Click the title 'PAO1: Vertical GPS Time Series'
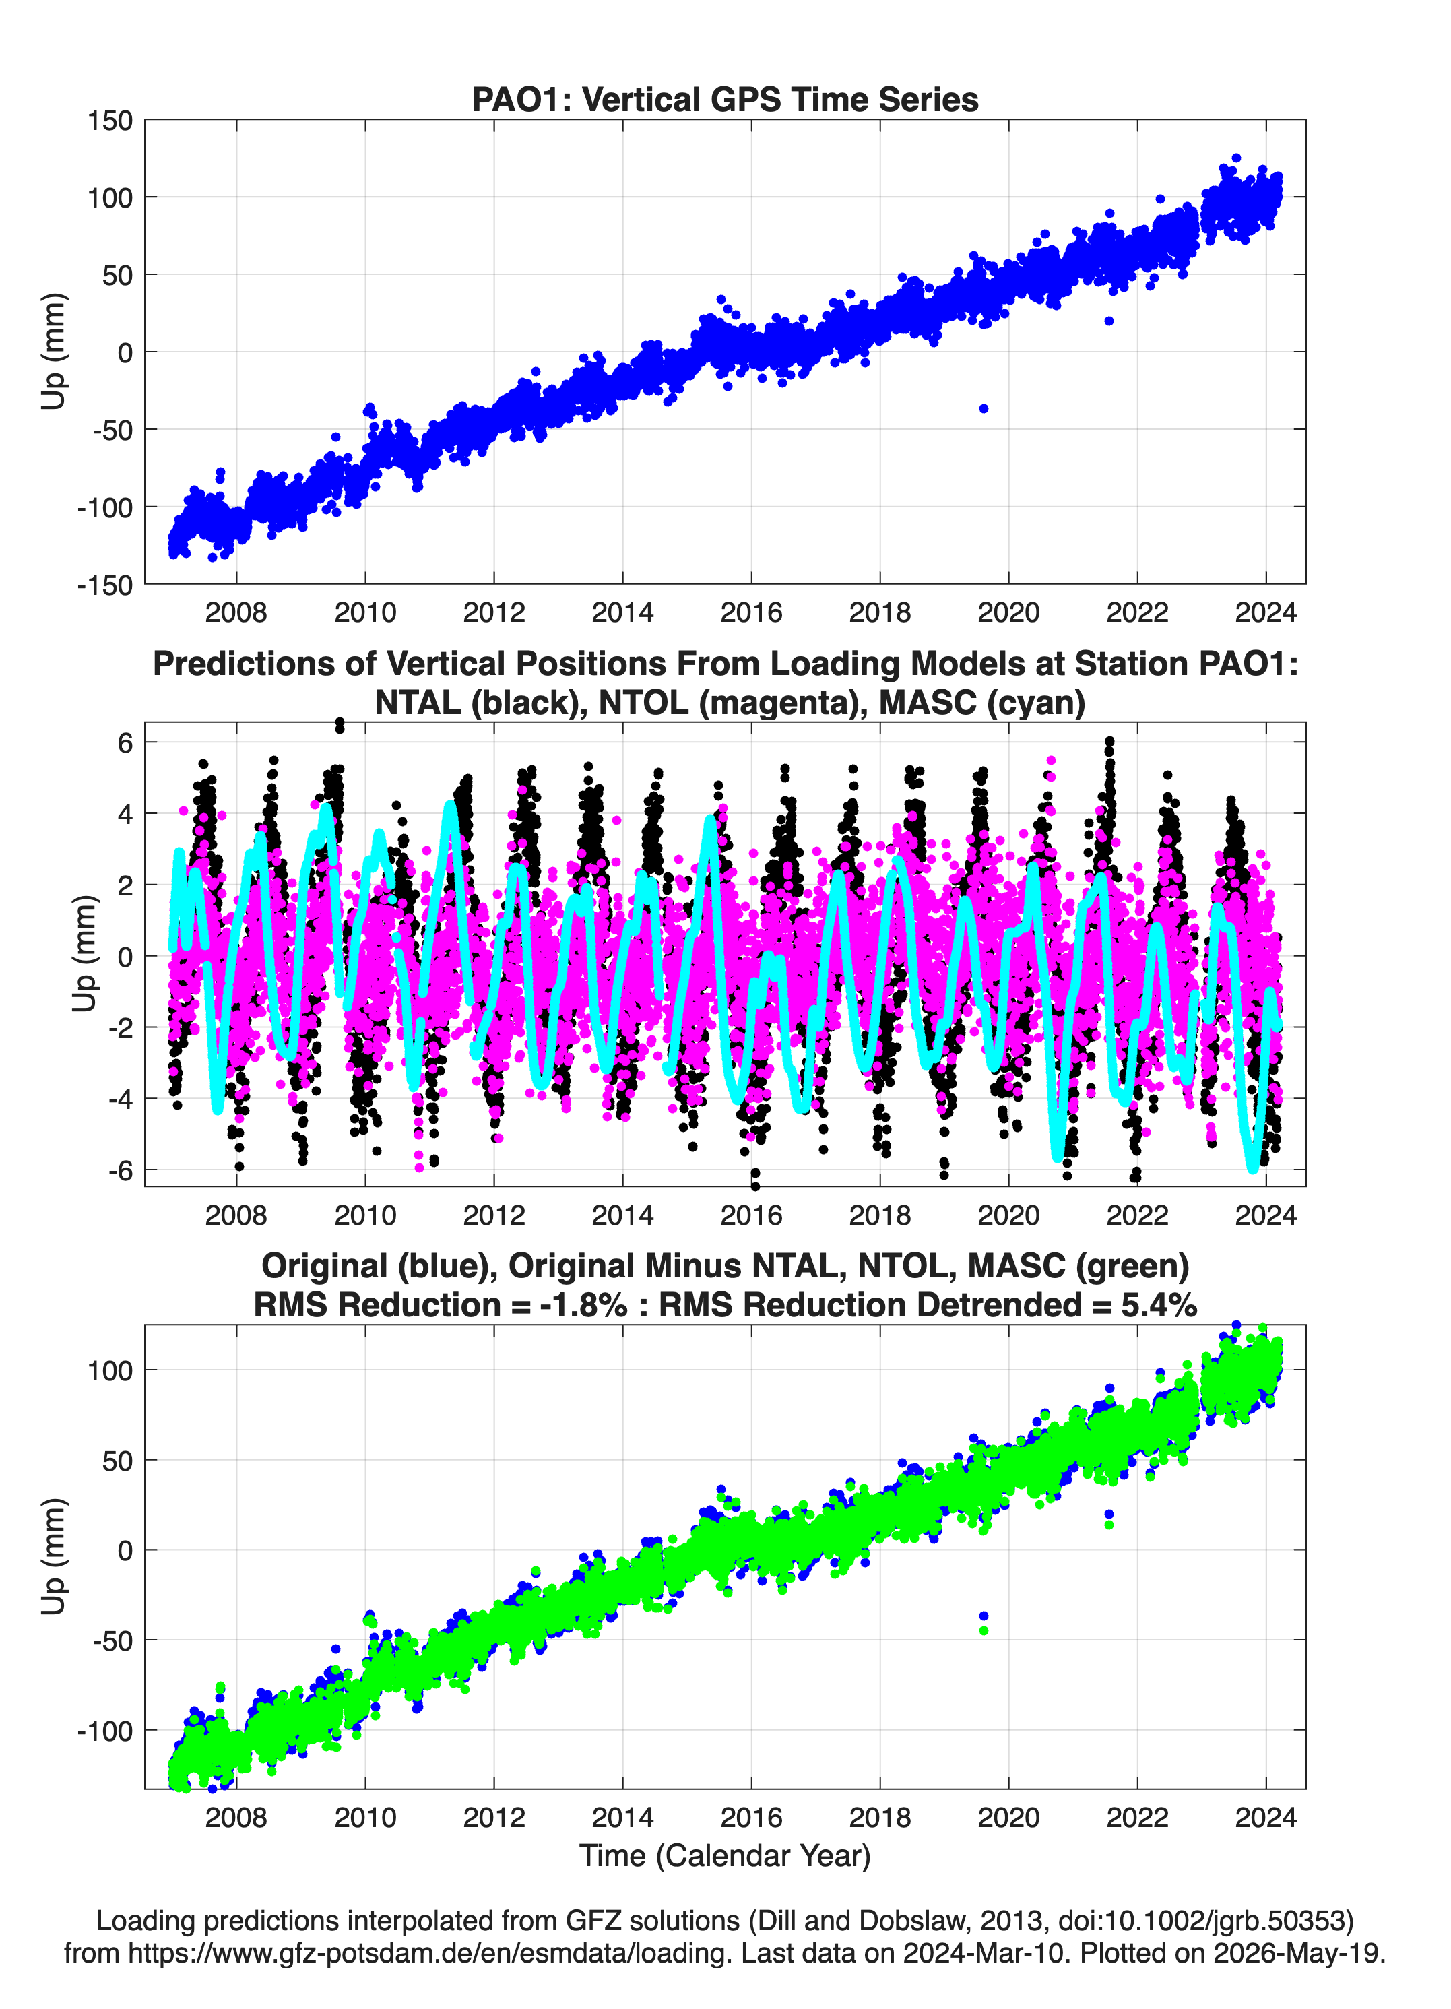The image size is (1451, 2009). (725, 99)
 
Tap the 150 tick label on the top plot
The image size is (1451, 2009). (109, 121)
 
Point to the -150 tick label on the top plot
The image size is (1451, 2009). (104, 585)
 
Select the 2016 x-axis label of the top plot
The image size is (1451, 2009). (751, 612)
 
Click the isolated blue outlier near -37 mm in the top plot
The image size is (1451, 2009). (984, 408)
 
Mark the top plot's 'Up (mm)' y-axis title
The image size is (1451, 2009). (53, 352)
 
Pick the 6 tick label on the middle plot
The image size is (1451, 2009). (125, 742)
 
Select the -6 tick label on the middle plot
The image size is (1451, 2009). (121, 1170)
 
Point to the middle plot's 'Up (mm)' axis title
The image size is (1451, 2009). (84, 954)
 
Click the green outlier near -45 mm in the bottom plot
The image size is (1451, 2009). (984, 1631)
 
